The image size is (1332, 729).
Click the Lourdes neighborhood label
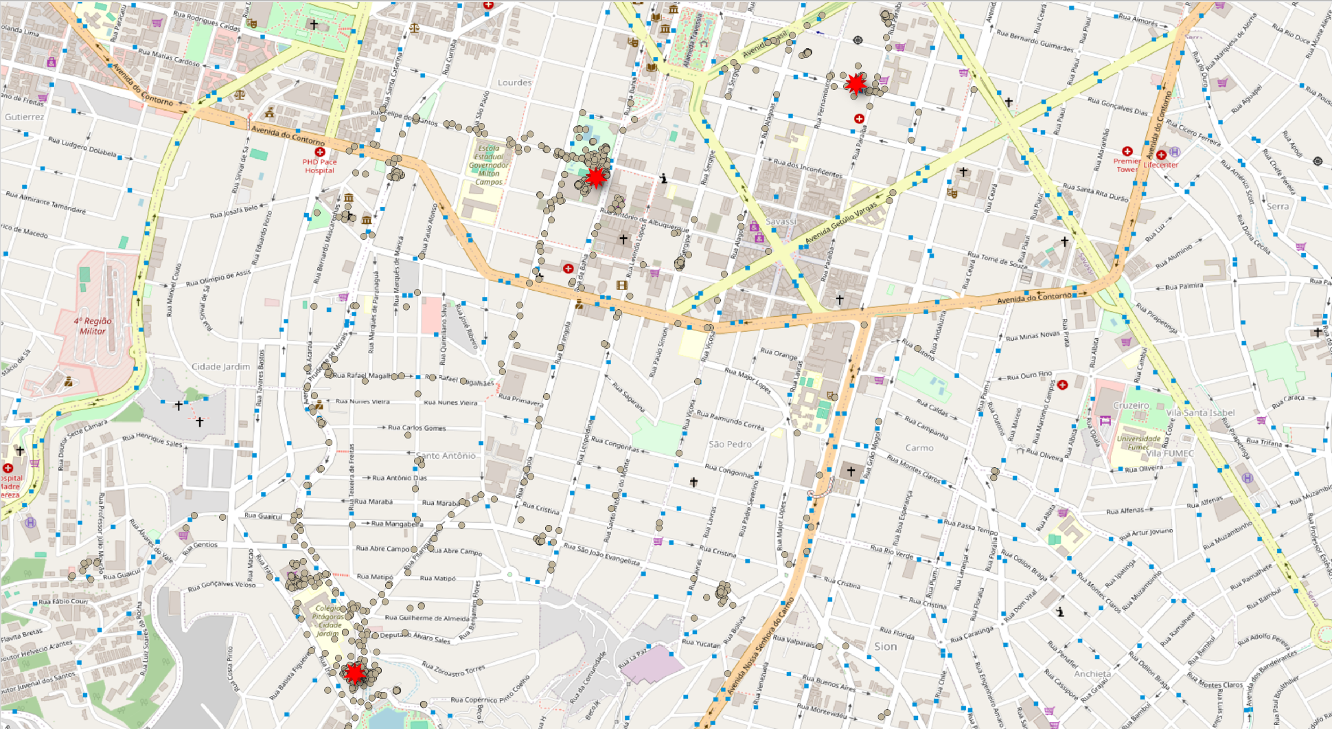514,82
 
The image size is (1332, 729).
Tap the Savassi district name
781,221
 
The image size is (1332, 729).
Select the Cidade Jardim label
220,366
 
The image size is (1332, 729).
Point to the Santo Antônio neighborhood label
446,456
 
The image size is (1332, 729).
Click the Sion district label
885,646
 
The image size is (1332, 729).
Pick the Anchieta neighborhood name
1092,673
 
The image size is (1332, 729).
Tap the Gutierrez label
24,117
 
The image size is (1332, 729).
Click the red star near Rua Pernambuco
856,83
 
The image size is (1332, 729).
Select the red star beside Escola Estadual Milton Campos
596,177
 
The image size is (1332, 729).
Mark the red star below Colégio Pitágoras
354,673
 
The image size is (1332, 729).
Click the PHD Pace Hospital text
319,166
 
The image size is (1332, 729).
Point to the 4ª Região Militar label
93,326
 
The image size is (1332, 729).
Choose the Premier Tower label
1127,165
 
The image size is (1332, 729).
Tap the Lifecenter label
1161,165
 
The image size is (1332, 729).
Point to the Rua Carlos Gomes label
417,427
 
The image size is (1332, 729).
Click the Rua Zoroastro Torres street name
453,668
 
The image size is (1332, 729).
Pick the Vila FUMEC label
1170,453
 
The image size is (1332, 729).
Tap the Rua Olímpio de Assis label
218,278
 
